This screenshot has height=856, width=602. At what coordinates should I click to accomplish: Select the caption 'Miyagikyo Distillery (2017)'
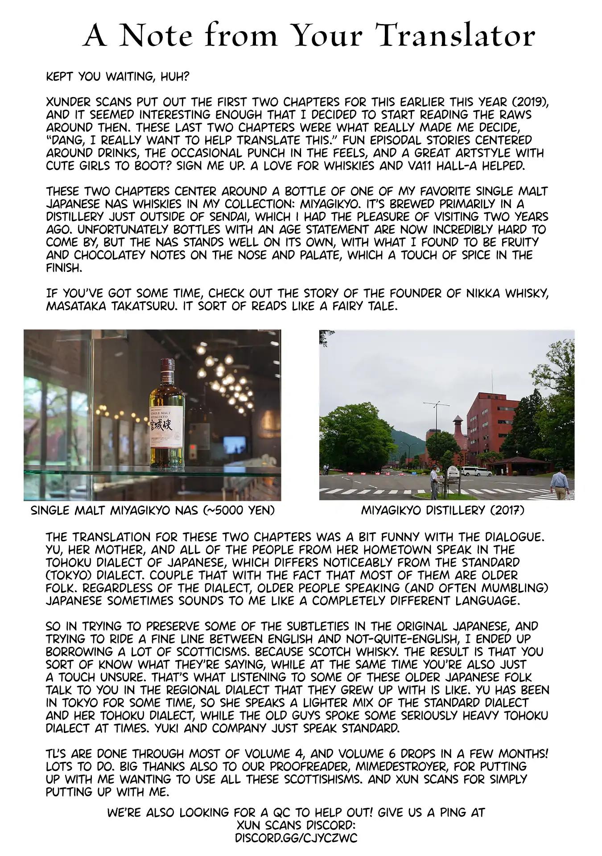[x=442, y=510]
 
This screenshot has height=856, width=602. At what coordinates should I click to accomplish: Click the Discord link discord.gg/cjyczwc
[x=296, y=838]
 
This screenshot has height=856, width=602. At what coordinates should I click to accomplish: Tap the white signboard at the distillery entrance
[x=453, y=471]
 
